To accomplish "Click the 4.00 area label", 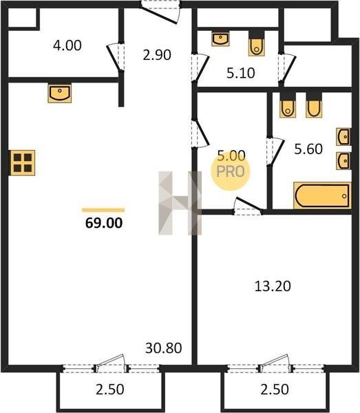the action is [67, 45].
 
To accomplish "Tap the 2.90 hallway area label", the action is [157, 55].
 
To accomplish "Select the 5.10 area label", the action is [241, 73].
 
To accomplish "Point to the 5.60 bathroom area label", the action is [308, 149].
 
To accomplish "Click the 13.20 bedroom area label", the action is [273, 286].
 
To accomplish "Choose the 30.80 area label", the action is [164, 348].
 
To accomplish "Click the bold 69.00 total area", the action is [104, 223].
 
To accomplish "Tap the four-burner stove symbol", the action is [23, 162].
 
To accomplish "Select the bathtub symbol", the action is [322, 195].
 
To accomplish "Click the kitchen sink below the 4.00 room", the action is [60, 93].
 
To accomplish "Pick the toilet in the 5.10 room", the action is [256, 43].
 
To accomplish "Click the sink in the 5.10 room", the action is [220, 39].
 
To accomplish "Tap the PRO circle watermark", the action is [230, 171].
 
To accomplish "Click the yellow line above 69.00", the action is [103, 210].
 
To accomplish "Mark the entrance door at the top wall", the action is [160, 12].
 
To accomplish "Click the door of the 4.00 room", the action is [116, 57].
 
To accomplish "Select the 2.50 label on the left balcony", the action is [110, 390].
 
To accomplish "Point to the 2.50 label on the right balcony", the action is [275, 390].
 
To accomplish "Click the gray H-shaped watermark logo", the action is [180, 203].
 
